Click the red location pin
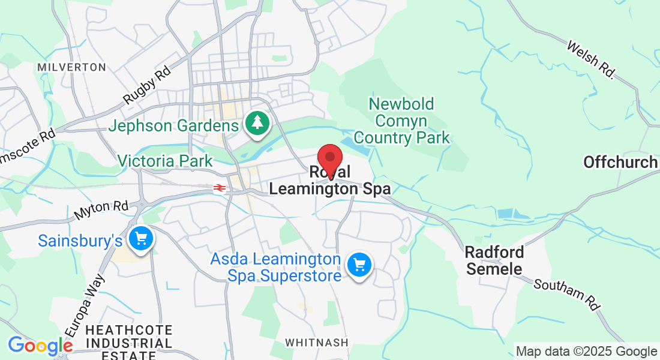pyautogui.click(x=329, y=158)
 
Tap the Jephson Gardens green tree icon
pyautogui.click(x=257, y=123)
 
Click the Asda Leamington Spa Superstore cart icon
pyautogui.click(x=359, y=264)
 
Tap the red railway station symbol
pyautogui.click(x=220, y=188)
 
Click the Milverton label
pyautogui.click(x=71, y=67)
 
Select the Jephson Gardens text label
pyautogui.click(x=173, y=126)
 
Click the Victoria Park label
pyautogui.click(x=165, y=161)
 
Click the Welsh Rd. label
pyautogui.click(x=591, y=60)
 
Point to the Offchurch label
pyautogui.click(x=620, y=162)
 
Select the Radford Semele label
pyautogui.click(x=495, y=260)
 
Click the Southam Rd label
pyautogui.click(x=567, y=295)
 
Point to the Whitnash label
pyautogui.click(x=316, y=343)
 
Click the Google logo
pyautogui.click(x=40, y=346)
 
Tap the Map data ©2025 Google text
pyautogui.click(x=586, y=352)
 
